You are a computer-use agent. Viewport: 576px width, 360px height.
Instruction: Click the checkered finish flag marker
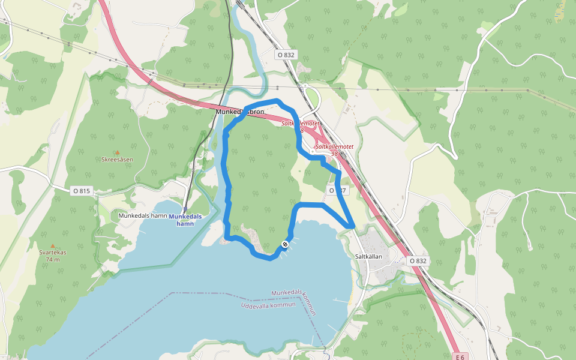pyautogui.click(x=284, y=244)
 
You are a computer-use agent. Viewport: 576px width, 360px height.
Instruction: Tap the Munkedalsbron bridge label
pyautogui.click(x=240, y=112)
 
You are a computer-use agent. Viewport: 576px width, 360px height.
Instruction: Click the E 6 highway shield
pyautogui.click(x=460, y=357)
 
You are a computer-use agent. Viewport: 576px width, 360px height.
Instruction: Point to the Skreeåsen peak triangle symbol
pyautogui.click(x=117, y=152)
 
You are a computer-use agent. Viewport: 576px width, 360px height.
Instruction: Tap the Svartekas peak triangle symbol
pyautogui.click(x=53, y=245)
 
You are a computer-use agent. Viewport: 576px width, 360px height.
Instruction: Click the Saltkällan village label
pyautogui.click(x=373, y=256)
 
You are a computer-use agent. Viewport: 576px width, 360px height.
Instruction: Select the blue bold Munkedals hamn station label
pyautogui.click(x=185, y=220)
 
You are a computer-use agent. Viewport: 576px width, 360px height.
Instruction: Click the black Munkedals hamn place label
pyautogui.click(x=142, y=215)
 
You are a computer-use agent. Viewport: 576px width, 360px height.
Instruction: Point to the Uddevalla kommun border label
pyautogui.click(x=268, y=305)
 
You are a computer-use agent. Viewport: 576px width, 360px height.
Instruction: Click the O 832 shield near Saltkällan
pyautogui.click(x=418, y=261)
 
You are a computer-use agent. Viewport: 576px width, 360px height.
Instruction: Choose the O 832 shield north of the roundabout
pyautogui.click(x=286, y=55)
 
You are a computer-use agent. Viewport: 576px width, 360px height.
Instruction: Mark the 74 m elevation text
pyautogui.click(x=53, y=260)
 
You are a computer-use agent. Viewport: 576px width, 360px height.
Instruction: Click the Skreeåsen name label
pyautogui.click(x=117, y=160)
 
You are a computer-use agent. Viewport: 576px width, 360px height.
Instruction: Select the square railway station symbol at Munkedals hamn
pyautogui.click(x=185, y=209)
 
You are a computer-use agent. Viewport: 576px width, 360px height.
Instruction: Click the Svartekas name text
pyautogui.click(x=53, y=253)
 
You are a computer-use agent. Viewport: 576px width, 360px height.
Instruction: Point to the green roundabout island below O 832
pyautogui.click(x=311, y=98)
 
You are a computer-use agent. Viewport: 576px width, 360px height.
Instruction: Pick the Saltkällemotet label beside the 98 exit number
pyautogui.click(x=334, y=146)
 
